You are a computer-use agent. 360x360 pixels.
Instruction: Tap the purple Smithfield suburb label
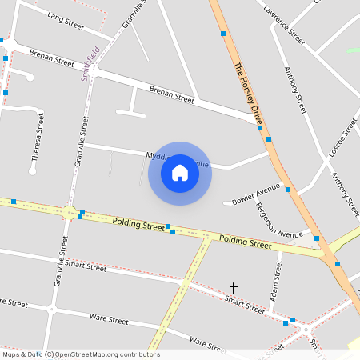pos(92,64)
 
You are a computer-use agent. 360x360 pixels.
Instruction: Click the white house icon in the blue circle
pos(180,173)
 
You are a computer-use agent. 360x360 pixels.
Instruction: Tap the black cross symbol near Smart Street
pos(234,286)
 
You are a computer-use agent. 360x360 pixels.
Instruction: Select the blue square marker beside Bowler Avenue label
pos(287,190)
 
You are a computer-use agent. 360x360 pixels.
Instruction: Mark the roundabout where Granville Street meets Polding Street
pos(66,211)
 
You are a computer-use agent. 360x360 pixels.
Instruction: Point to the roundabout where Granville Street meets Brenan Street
pos(94,70)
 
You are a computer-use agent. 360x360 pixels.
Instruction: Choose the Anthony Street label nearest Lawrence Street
pos(296,90)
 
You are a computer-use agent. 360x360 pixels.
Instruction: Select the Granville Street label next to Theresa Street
pos(81,140)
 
